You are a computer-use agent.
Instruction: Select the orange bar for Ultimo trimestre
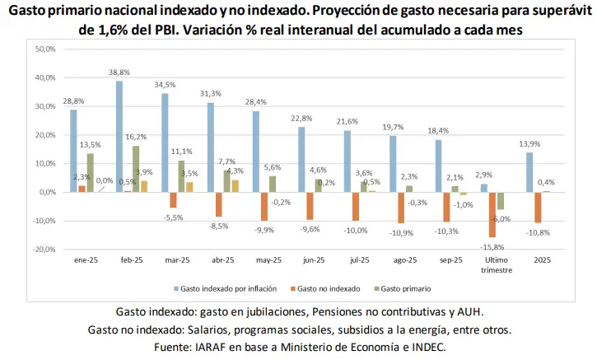coord(492,214)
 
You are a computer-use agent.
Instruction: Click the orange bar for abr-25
coord(218,204)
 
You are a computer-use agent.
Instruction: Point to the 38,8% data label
coord(120,73)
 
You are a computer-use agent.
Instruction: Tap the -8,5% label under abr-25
coord(218,226)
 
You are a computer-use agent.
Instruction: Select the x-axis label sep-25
coord(450,260)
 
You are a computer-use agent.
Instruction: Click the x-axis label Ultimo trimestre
coord(496,265)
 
